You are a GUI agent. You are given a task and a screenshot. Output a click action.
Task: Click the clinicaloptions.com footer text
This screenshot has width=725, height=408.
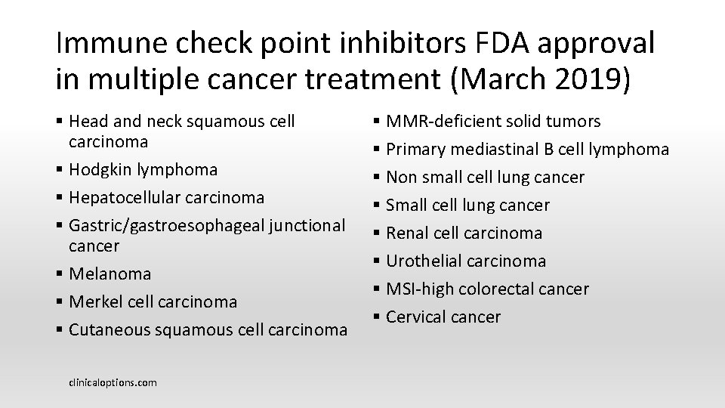point(113,382)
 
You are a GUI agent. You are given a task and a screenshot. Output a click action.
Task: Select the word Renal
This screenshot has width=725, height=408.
point(408,233)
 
